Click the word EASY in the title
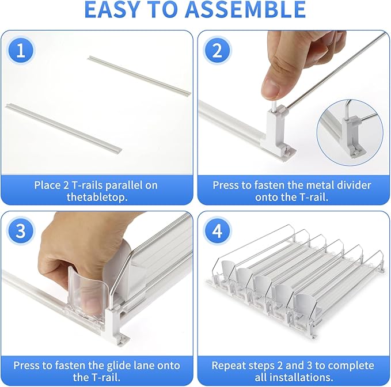tap(112, 9)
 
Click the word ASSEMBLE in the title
tap(246, 9)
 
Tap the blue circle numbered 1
tap(21, 51)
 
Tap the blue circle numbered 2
tap(217, 51)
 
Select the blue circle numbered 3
tap(21, 231)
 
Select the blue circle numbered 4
tap(217, 231)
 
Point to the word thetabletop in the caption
tap(97, 197)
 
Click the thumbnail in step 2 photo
tap(271, 88)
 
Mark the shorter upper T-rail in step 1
tap(139, 75)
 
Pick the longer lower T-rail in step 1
tap(63, 129)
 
